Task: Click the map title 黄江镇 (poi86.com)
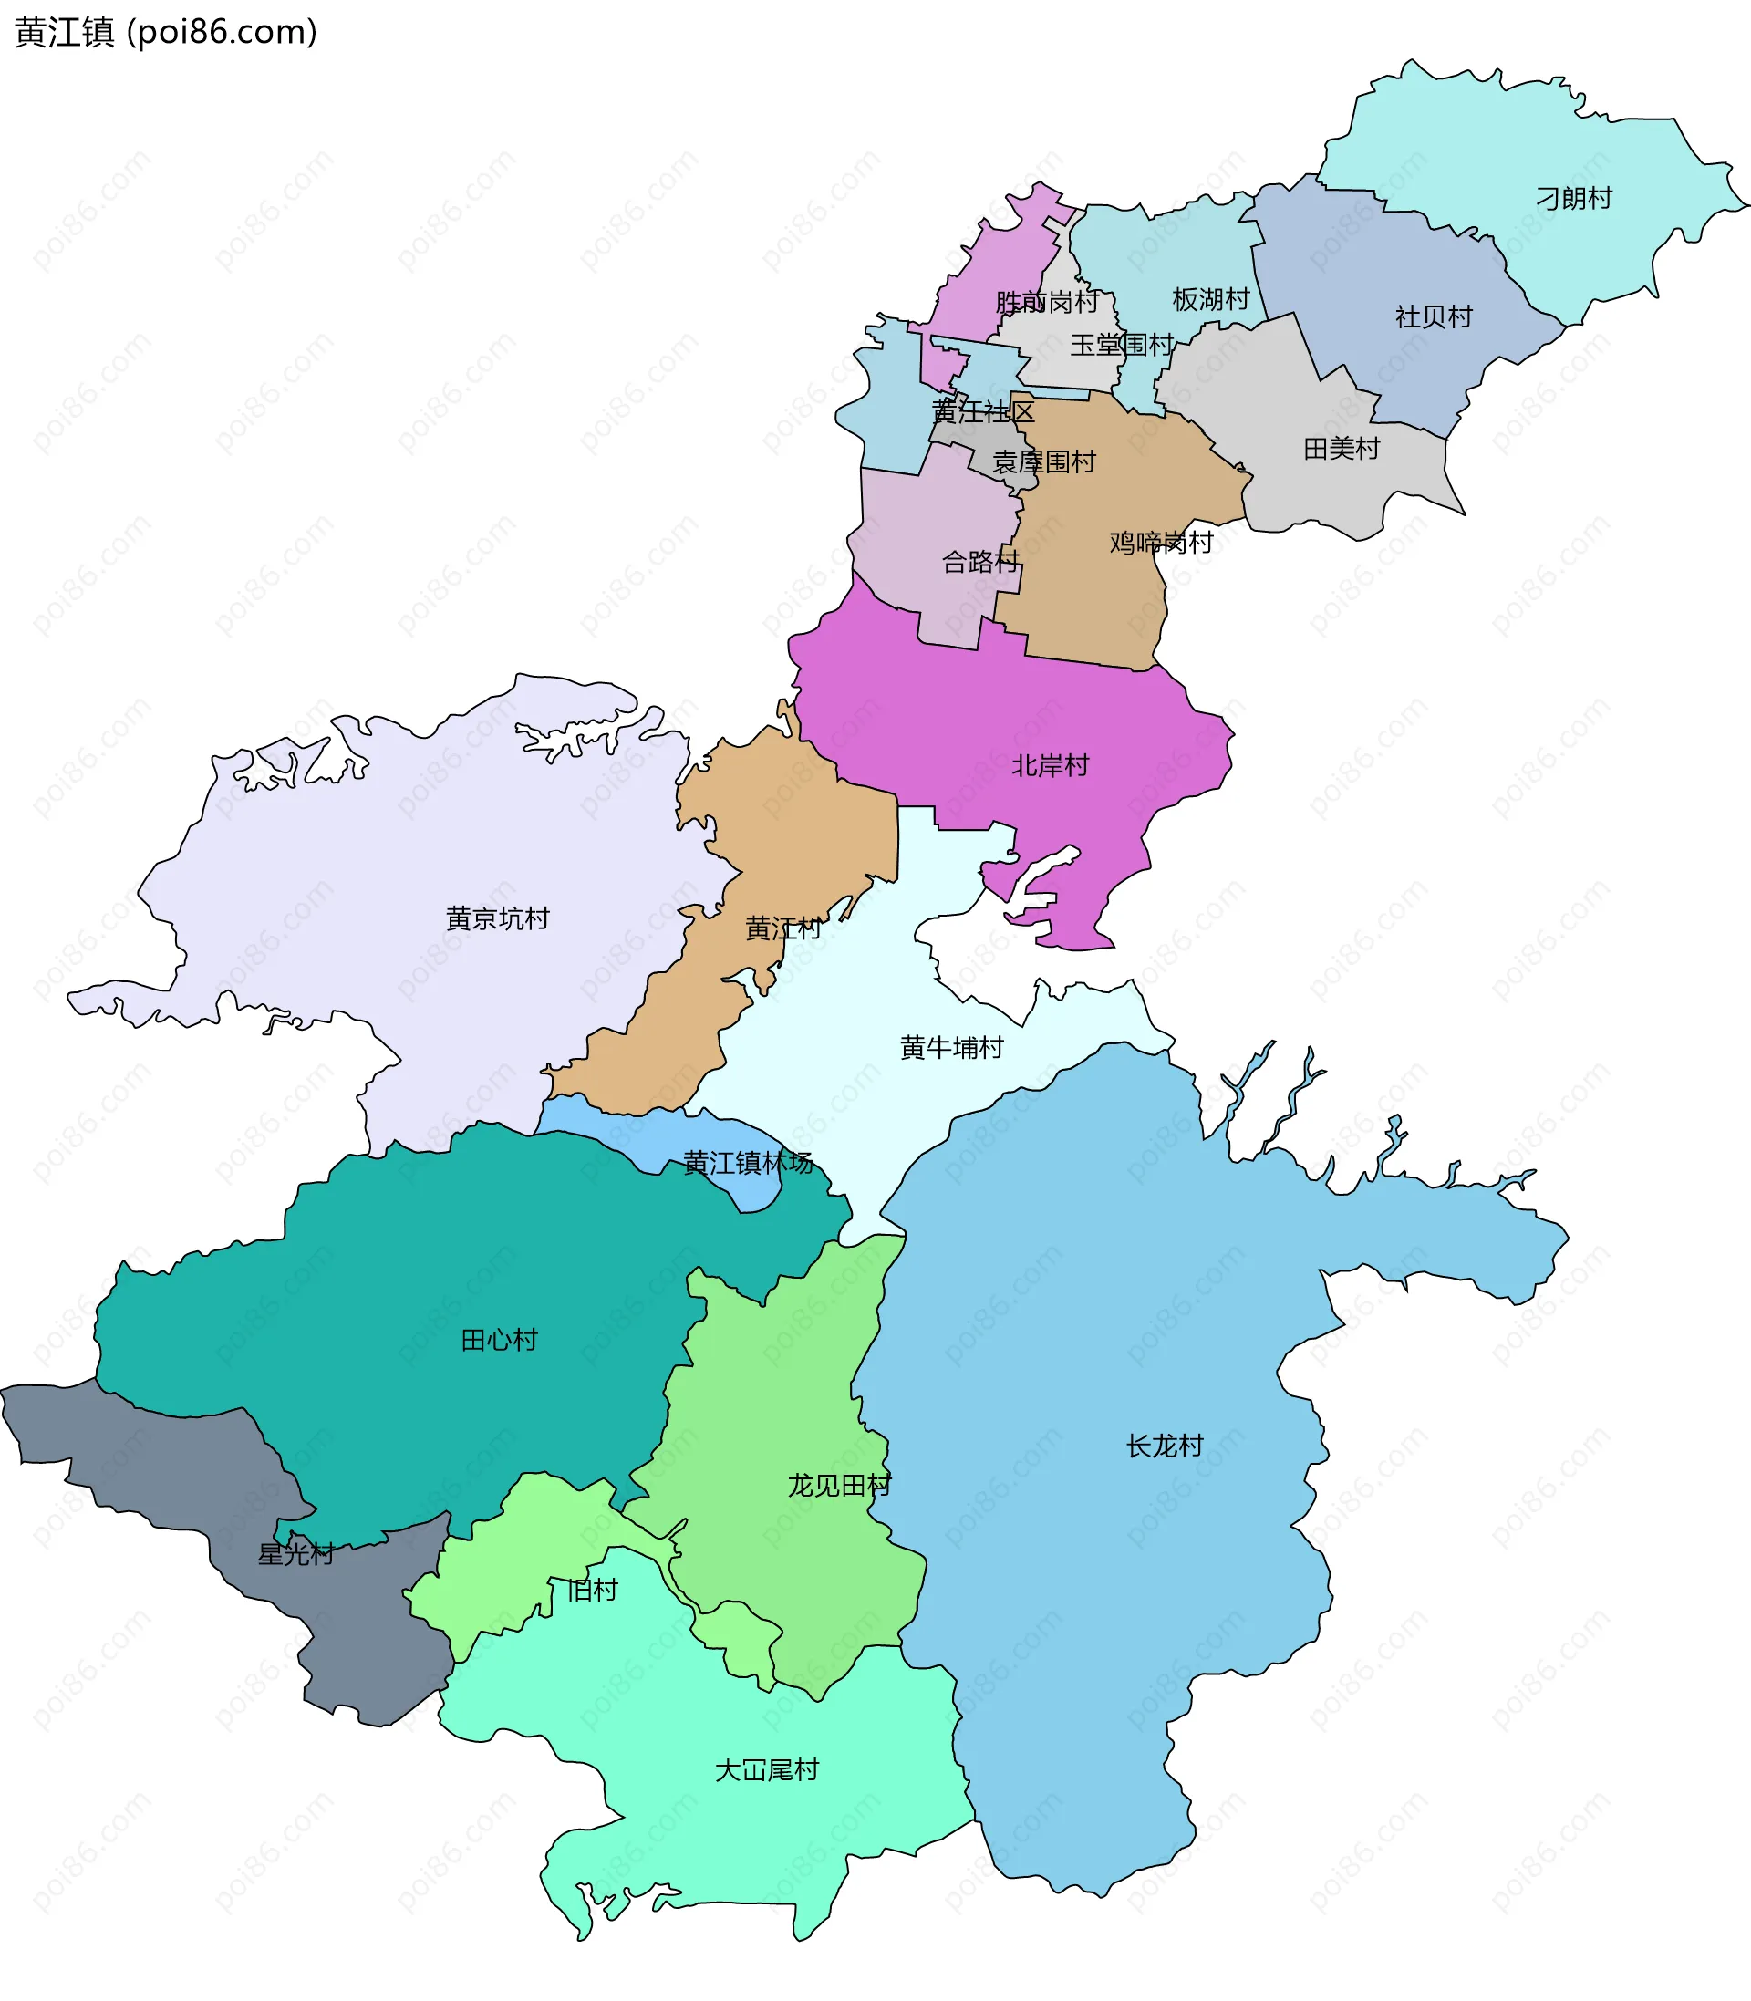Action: tap(166, 32)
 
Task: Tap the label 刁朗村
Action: tap(1574, 198)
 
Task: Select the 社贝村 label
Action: tap(1434, 316)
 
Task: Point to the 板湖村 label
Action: tap(1211, 299)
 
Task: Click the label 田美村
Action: tap(1342, 449)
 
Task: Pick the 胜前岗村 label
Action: tap(1047, 302)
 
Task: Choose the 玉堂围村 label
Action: tap(1122, 345)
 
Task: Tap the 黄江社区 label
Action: tap(983, 411)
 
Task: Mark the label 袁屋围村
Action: tap(1044, 461)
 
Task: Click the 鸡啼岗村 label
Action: tap(1161, 543)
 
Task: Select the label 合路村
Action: tap(980, 562)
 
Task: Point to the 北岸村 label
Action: tap(1051, 765)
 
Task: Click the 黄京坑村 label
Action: tap(497, 918)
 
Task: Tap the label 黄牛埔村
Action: tap(952, 1047)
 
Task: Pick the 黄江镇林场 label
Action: tap(748, 1163)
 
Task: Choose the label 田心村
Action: tap(500, 1340)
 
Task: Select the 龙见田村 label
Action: tap(839, 1485)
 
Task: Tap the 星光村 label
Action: tap(296, 1553)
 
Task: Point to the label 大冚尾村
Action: tap(767, 1769)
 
